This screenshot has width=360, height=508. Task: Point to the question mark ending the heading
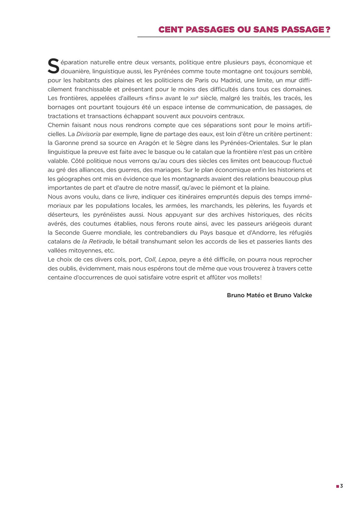pos(328,30)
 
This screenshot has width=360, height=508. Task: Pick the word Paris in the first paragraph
pos(199,80)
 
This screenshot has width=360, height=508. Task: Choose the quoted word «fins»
pos(153,98)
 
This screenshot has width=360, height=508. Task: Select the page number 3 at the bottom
pos(341,486)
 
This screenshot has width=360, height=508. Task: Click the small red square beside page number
pos(338,486)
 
